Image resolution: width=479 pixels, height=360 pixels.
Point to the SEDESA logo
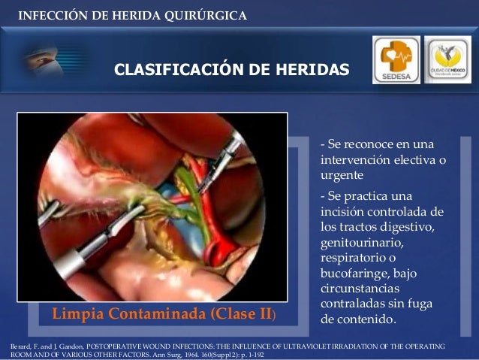click(395, 59)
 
